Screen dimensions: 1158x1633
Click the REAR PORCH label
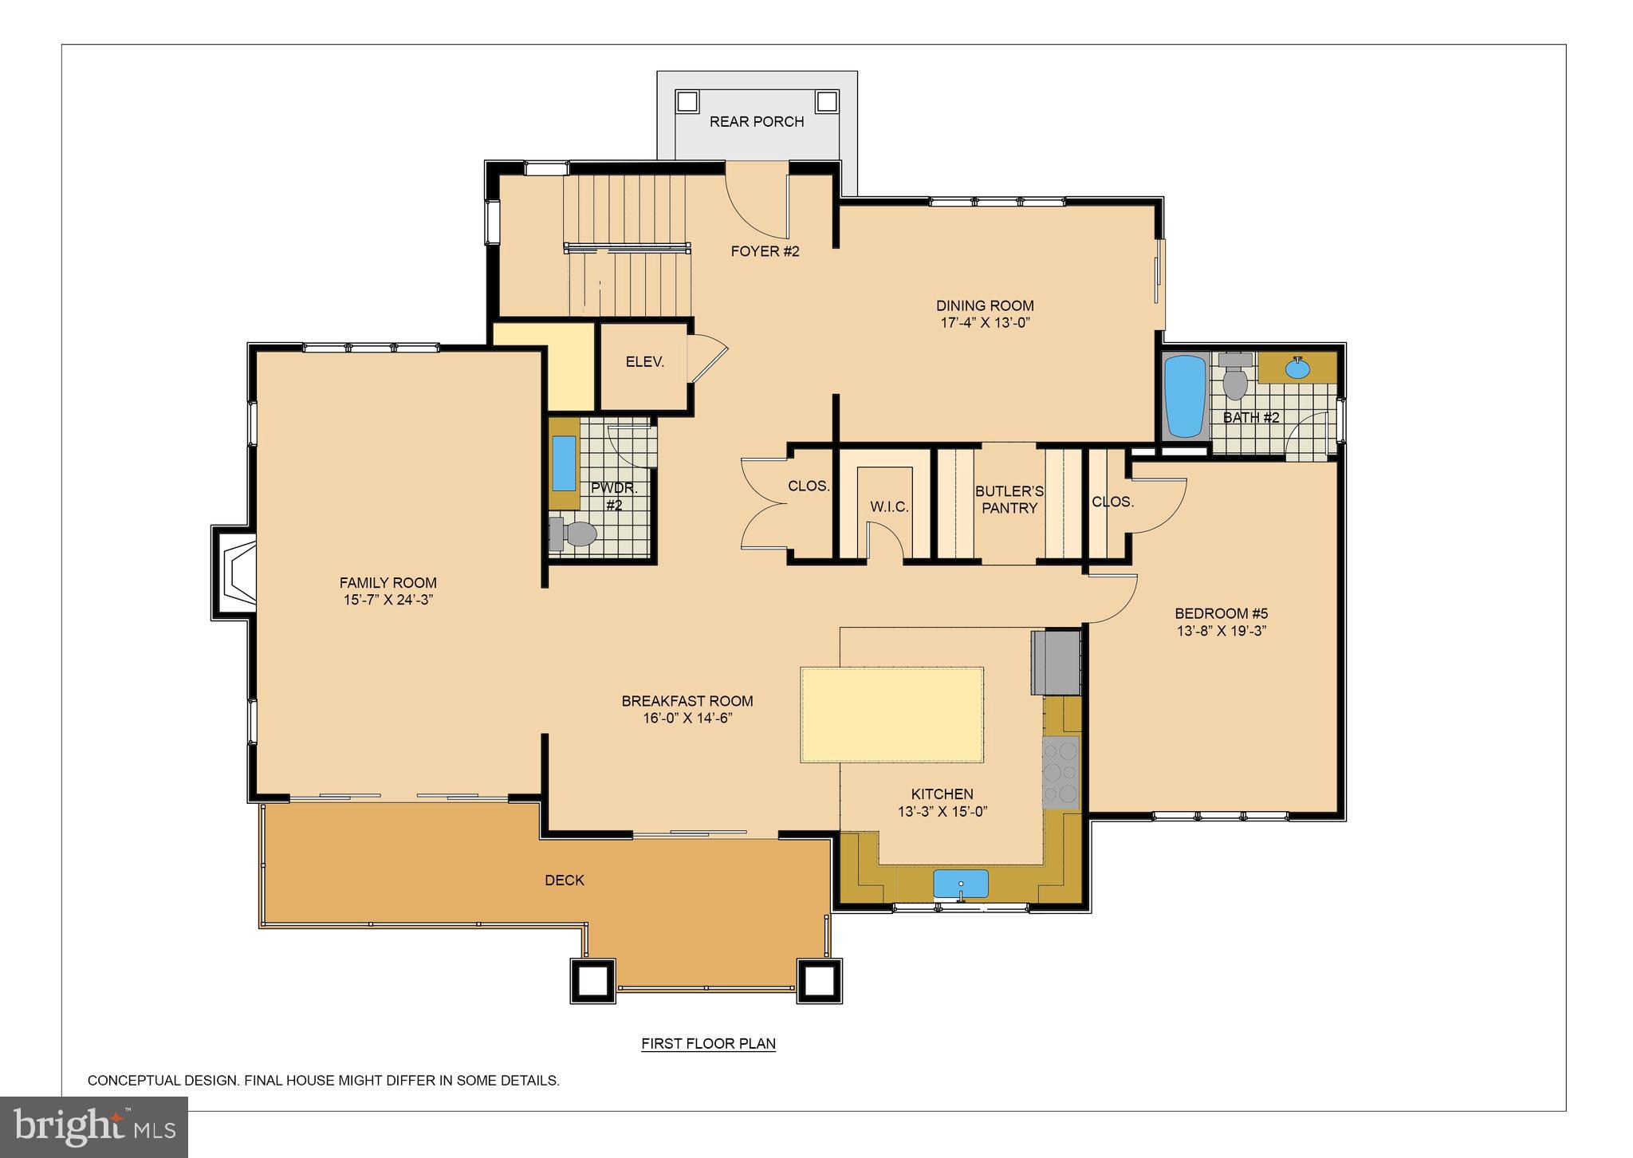click(x=756, y=121)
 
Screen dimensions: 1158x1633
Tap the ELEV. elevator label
click(x=644, y=362)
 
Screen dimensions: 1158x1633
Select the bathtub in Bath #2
click(x=1185, y=396)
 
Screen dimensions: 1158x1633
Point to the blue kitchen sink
click(x=961, y=884)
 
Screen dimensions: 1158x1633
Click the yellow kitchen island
click(x=891, y=715)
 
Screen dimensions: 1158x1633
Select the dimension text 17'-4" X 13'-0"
click(x=985, y=323)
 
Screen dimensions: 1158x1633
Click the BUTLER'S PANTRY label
click(x=1009, y=500)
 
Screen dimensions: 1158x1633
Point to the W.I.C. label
click(x=889, y=507)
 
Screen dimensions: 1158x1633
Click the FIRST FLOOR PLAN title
click(x=708, y=1043)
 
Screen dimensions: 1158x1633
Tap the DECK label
click(x=565, y=880)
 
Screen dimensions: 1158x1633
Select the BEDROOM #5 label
click(x=1221, y=613)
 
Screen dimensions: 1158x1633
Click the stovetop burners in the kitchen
click(x=1060, y=772)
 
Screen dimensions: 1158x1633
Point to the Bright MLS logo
click(x=94, y=1127)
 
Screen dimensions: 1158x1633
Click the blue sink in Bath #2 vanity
click(x=1297, y=368)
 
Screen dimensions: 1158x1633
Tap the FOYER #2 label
click(x=765, y=251)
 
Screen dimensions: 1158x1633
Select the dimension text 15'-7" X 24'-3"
click(x=388, y=600)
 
